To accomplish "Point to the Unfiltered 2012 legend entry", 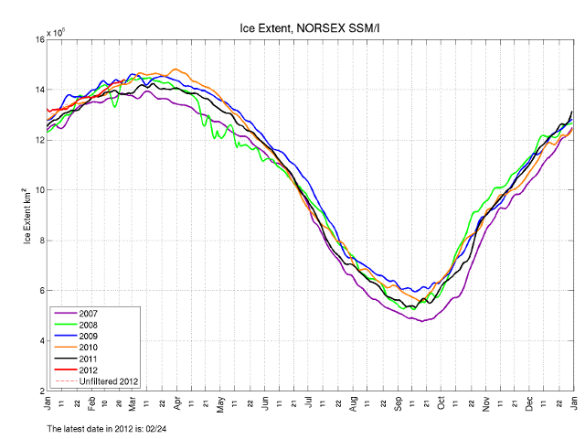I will [x=107, y=380].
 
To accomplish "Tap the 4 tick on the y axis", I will [x=39, y=341].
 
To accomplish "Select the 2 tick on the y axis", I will [x=39, y=391].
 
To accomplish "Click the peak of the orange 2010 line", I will [x=175, y=69].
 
